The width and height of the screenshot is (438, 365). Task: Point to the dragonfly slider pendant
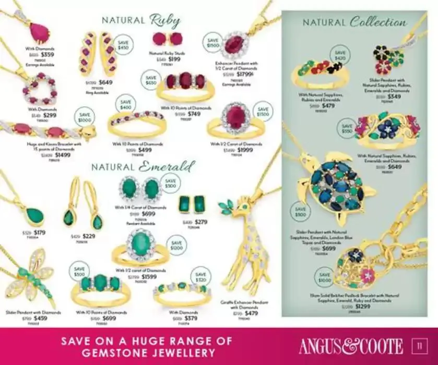(x=31, y=274)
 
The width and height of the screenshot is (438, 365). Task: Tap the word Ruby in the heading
(x=165, y=21)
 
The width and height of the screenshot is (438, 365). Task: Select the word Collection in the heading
(x=378, y=22)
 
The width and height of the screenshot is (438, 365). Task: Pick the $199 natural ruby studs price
(x=174, y=59)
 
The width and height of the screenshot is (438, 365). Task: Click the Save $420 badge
(x=340, y=55)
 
